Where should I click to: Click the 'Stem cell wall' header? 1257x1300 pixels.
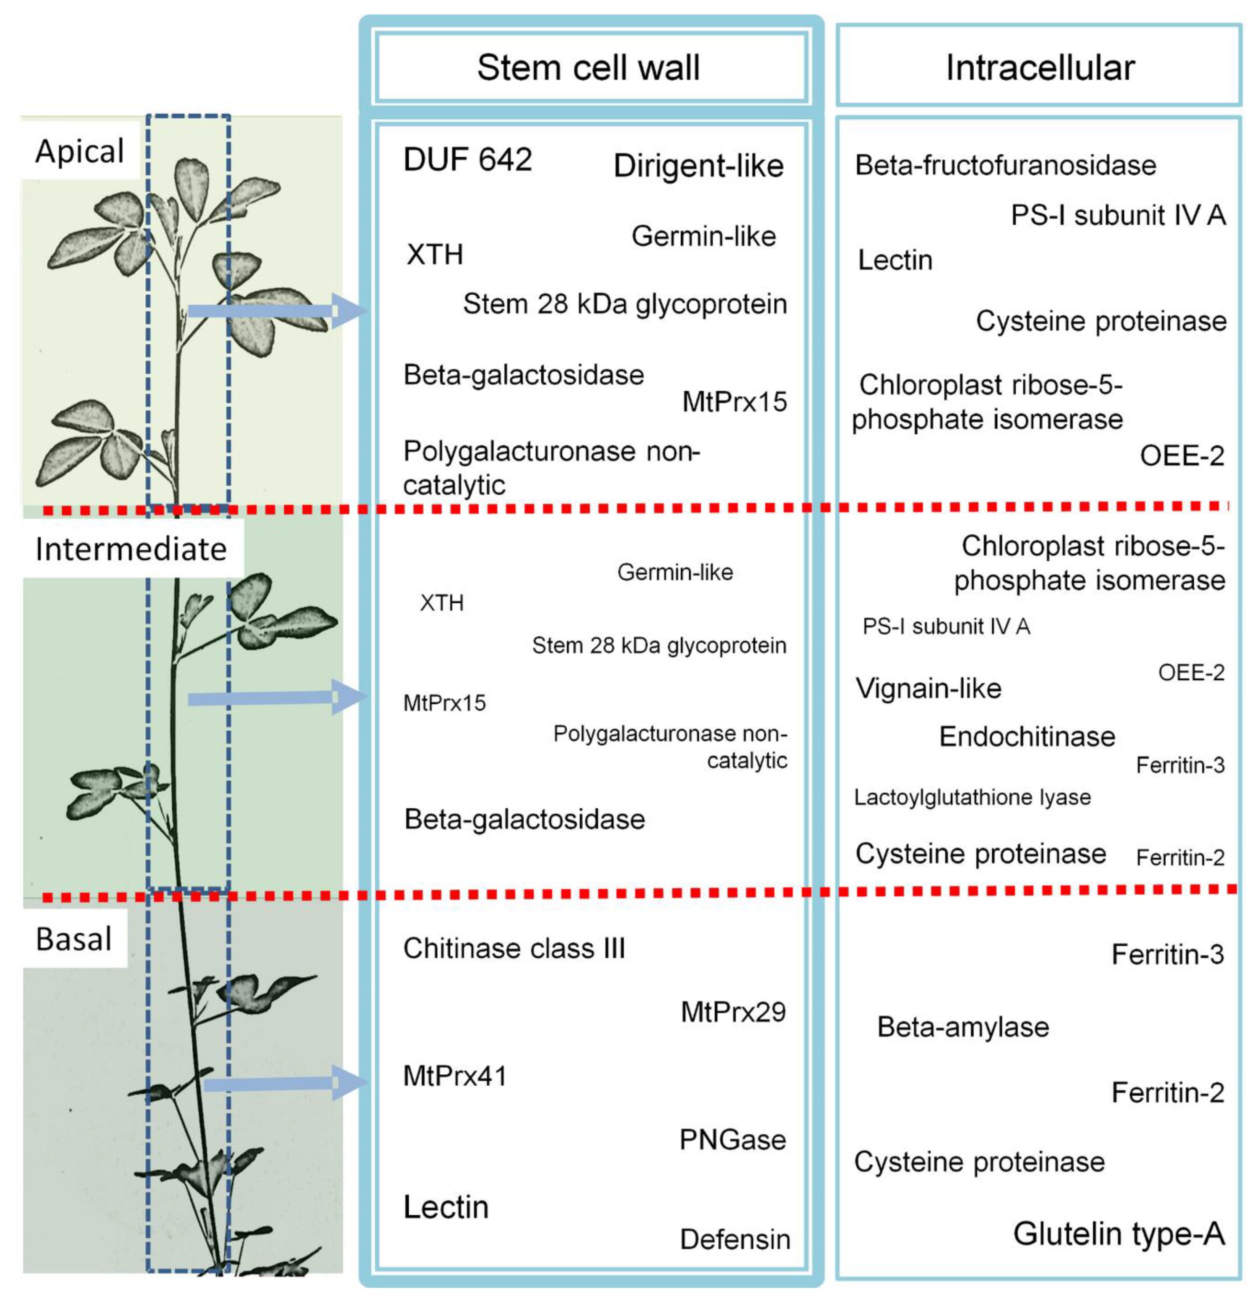click(x=589, y=68)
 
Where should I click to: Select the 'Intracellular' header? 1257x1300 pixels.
click(x=1039, y=68)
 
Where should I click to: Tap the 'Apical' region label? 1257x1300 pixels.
click(x=80, y=151)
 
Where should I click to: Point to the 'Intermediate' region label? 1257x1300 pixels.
click(x=130, y=549)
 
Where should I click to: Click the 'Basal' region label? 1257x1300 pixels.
click(x=74, y=939)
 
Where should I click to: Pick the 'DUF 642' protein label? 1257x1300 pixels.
click(x=468, y=160)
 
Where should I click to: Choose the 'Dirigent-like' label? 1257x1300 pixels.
click(x=698, y=166)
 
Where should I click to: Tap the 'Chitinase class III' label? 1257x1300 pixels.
click(x=514, y=948)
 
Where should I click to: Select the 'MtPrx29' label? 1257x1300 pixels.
click(x=733, y=1012)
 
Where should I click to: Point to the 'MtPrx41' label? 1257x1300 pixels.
click(x=455, y=1076)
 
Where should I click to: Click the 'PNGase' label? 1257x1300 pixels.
click(x=732, y=1140)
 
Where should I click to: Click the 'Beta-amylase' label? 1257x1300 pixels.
click(x=963, y=1027)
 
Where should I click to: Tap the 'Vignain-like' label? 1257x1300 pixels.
click(x=928, y=688)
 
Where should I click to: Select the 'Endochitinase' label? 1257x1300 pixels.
click(x=1027, y=737)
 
